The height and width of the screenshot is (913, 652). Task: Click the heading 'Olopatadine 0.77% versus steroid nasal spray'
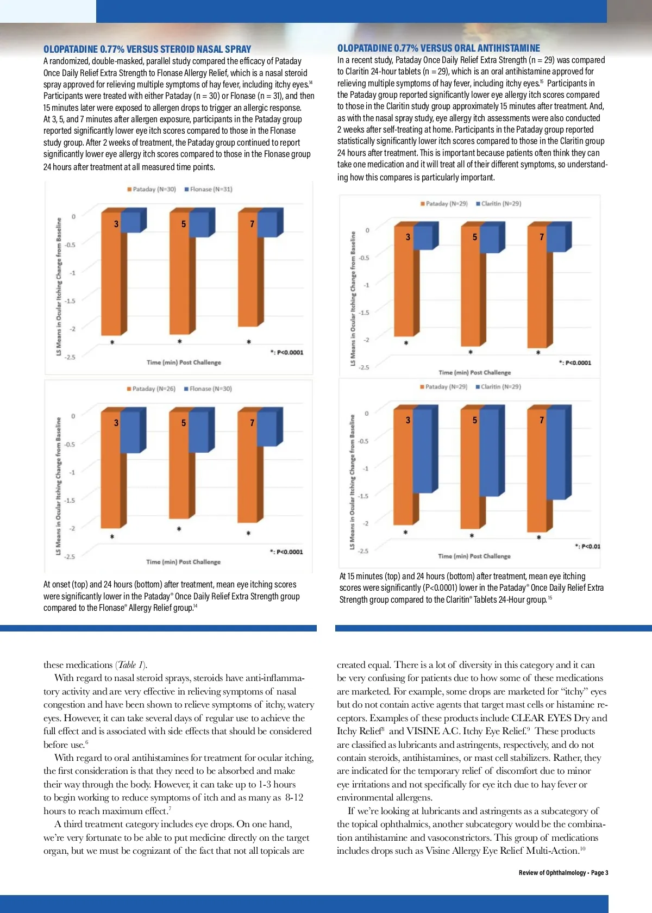point(147,49)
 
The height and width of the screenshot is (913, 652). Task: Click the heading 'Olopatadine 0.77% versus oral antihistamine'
point(438,48)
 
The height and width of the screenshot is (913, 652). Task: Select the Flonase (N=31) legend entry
point(208,189)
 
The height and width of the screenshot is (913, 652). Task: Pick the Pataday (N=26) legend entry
point(151,389)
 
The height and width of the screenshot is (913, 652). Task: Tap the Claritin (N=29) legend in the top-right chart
point(498,204)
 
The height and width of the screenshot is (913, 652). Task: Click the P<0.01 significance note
point(588,546)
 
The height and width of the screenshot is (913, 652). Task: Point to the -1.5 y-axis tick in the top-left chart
point(70,301)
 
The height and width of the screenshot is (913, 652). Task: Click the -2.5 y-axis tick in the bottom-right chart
point(363,551)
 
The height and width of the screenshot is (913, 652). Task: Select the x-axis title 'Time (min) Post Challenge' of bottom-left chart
point(183,562)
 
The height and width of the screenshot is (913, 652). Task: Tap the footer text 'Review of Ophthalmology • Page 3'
point(563,873)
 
